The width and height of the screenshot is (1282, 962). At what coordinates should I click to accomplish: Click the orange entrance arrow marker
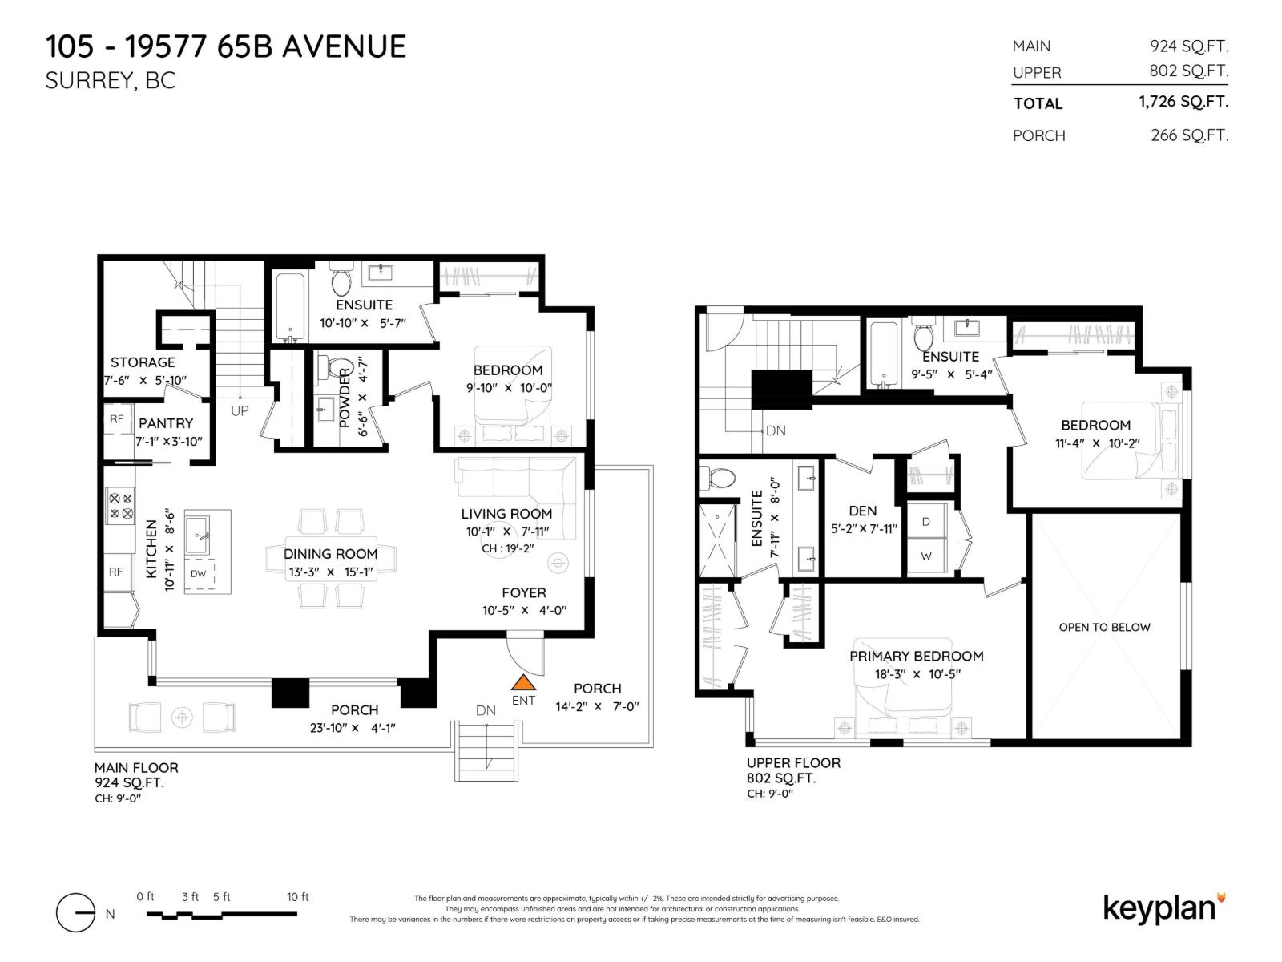523,682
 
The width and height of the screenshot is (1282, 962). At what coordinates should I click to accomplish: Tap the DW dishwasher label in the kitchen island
198,573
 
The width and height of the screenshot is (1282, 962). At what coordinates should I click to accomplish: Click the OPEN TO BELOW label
1104,627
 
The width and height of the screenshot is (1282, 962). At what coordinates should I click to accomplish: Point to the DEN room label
862,511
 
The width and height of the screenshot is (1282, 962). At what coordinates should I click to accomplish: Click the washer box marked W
926,556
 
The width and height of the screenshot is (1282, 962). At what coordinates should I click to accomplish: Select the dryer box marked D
926,521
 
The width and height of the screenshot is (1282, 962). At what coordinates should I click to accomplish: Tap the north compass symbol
76,913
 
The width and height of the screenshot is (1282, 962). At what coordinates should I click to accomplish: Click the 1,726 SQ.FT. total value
1183,102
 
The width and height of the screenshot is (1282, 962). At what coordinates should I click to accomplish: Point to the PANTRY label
166,422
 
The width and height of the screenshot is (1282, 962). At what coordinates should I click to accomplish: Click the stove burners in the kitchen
121,505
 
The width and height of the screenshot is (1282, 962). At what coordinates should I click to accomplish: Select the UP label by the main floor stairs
240,410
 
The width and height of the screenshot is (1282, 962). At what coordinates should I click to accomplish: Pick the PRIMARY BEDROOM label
916,656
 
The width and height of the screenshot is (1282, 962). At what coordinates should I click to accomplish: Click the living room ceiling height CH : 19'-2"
507,548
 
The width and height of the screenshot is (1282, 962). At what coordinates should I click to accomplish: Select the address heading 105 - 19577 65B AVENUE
226,46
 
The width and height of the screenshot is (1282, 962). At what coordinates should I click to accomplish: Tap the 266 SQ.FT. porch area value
1189,135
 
